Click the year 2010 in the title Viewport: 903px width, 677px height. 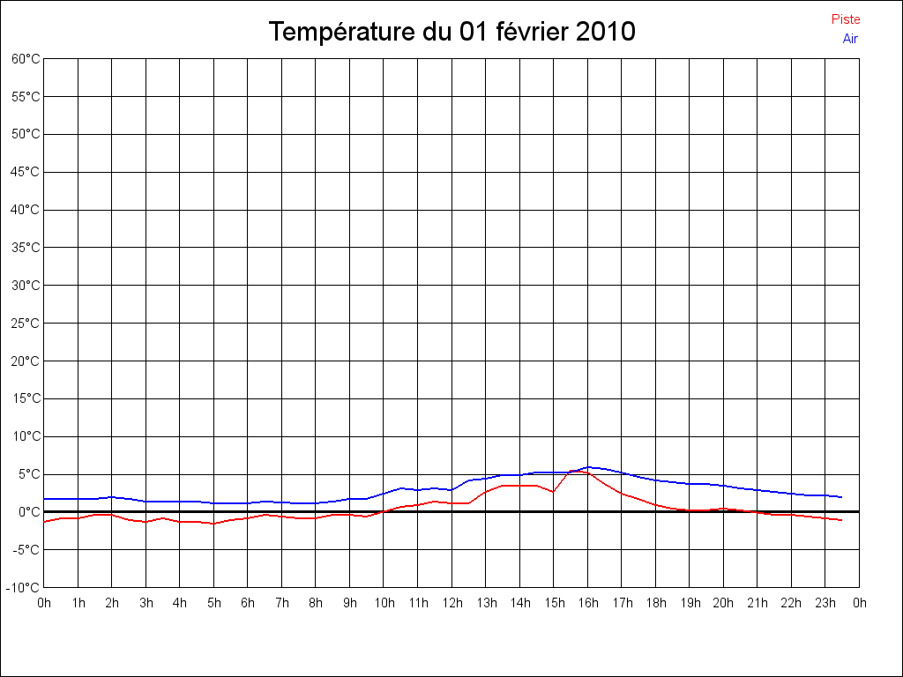(x=604, y=33)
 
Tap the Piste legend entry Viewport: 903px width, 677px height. (x=846, y=19)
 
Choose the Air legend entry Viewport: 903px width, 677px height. (x=850, y=38)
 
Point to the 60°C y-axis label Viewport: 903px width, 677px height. (x=26, y=59)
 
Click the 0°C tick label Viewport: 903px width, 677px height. (x=28, y=511)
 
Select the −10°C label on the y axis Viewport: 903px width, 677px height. (x=24, y=587)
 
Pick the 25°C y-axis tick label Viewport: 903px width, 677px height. (x=26, y=324)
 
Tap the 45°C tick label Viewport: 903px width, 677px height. (x=26, y=172)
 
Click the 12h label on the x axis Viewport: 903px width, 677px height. (x=451, y=603)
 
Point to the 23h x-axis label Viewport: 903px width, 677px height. (x=825, y=603)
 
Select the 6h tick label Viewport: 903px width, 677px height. (x=248, y=603)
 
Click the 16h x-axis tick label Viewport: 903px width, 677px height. (x=588, y=603)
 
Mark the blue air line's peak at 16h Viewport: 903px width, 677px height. (x=588, y=467)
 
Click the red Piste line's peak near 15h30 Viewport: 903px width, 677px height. (x=571, y=471)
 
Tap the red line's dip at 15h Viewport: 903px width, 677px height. (x=554, y=492)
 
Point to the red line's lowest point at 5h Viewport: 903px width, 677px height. (x=213, y=524)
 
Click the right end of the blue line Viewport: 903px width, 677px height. (x=842, y=497)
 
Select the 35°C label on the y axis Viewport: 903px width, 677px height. (x=26, y=248)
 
